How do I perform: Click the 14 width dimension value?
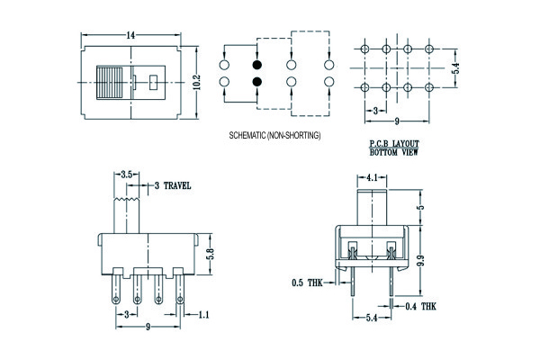click(132, 33)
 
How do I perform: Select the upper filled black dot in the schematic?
click(257, 66)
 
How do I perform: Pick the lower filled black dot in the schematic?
click(257, 83)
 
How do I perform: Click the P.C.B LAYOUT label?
click(394, 144)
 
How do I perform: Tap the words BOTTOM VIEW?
click(394, 153)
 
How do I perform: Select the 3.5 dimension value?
click(127, 174)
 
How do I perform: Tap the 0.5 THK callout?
click(305, 283)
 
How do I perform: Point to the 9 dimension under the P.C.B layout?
click(397, 121)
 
